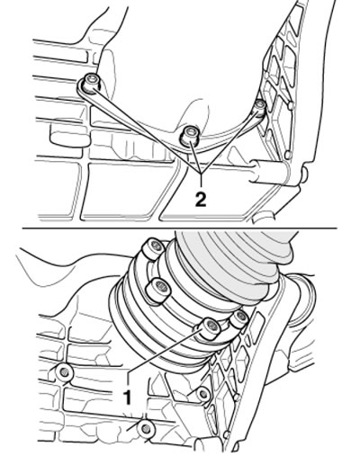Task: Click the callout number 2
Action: pyautogui.click(x=201, y=200)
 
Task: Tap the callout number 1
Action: pyautogui.click(x=128, y=397)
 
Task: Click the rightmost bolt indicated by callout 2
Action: pyautogui.click(x=259, y=107)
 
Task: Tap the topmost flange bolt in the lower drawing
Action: pyautogui.click(x=153, y=248)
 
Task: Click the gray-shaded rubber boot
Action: pyautogui.click(x=234, y=261)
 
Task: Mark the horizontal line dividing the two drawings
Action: pyautogui.click(x=179, y=228)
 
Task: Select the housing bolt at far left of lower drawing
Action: pyautogui.click(x=64, y=372)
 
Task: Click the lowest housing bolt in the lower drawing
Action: pyautogui.click(x=146, y=429)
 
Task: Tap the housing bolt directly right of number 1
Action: pyautogui.click(x=203, y=394)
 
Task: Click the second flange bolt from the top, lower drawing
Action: pyautogui.click(x=158, y=291)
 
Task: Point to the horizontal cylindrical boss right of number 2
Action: pyautogui.click(x=268, y=171)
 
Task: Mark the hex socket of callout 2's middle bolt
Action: pyautogui.click(x=190, y=131)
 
